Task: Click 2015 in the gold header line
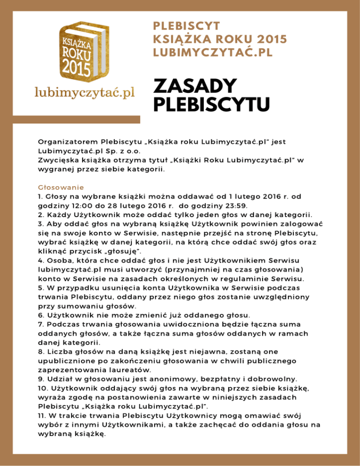269,39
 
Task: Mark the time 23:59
243,205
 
